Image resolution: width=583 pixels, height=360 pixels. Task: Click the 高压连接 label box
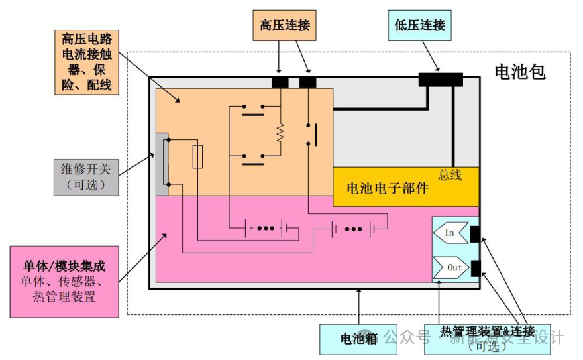tap(283, 26)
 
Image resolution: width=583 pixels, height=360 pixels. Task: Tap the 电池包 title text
tap(520, 71)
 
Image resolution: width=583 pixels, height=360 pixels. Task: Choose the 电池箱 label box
tap(358, 339)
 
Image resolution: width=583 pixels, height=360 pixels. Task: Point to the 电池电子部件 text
tap(388, 188)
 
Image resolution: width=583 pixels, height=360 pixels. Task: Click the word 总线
tap(450, 175)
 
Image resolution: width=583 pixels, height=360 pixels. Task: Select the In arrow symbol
tap(449, 233)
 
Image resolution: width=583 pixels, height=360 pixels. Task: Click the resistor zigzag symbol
tap(280, 133)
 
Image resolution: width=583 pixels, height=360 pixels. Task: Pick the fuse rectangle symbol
tap(197, 157)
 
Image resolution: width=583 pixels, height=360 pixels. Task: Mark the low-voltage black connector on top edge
tap(441, 80)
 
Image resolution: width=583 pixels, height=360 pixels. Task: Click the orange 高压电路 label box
tap(85, 62)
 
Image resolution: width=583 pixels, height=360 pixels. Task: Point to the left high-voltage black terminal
tap(280, 82)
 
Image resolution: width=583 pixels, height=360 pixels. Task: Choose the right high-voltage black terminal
tap(308, 82)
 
